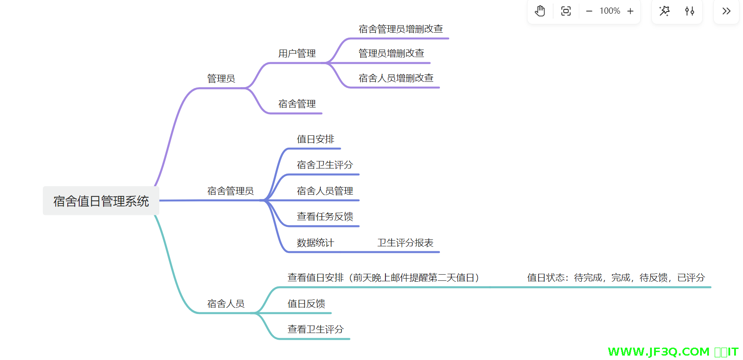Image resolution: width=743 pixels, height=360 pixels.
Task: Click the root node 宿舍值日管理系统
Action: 101,201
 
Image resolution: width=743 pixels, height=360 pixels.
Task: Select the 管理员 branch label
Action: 221,79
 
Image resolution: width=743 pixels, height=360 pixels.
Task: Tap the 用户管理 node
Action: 297,54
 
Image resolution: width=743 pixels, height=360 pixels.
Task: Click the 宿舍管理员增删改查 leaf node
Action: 400,29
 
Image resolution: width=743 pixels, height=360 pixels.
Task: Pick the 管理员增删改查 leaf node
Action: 391,54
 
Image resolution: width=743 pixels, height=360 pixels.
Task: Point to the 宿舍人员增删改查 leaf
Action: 396,78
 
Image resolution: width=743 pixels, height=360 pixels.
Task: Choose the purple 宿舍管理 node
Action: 297,104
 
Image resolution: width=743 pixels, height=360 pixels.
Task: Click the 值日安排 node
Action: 316,139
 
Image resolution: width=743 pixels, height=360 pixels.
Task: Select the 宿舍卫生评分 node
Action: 325,165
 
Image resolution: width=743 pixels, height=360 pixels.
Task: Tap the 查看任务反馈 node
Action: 325,217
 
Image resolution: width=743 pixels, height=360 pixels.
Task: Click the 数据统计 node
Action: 315,243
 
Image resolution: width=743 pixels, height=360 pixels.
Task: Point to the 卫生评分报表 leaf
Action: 405,243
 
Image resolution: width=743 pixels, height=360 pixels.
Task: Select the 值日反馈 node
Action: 306,304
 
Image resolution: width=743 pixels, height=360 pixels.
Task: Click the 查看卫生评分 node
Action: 316,329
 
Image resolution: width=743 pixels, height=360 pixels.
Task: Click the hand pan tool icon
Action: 540,11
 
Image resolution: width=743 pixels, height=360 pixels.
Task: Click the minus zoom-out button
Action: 589,11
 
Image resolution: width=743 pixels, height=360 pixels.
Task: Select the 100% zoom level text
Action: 610,11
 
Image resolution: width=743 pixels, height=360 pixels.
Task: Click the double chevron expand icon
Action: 726,11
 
